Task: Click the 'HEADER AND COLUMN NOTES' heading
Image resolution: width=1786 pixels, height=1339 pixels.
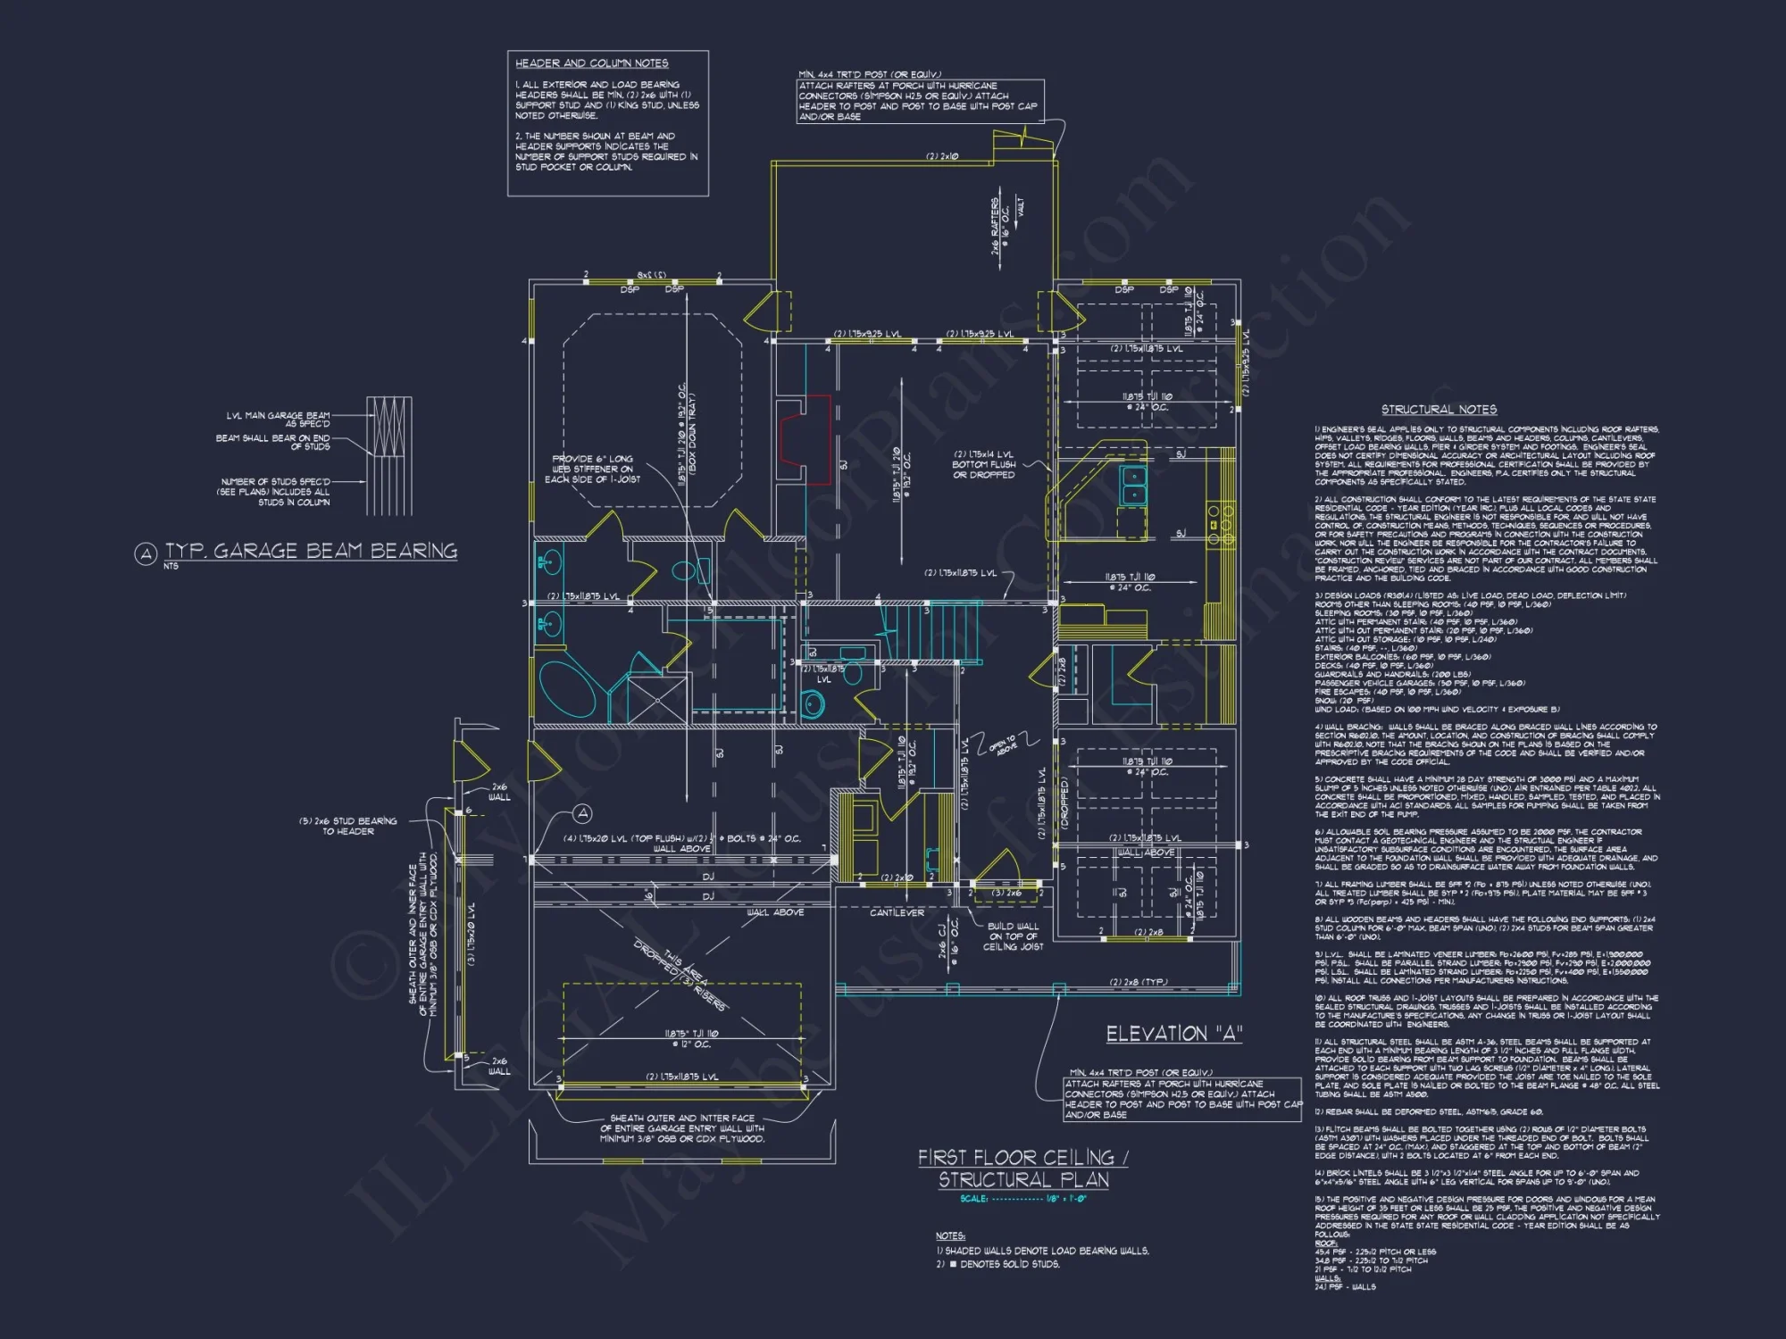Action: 591,63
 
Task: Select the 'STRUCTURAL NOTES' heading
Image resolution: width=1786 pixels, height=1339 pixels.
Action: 1439,410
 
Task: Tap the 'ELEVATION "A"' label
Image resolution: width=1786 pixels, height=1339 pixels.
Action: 1173,1034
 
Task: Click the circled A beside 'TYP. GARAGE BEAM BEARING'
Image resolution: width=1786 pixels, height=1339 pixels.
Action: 146,554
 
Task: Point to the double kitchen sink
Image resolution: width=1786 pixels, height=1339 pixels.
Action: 1134,486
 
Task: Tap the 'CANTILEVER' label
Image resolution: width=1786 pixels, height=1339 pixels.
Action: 897,912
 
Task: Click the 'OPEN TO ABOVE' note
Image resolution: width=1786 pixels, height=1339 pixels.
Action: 1003,745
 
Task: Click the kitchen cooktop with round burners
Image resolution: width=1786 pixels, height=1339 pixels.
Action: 1220,525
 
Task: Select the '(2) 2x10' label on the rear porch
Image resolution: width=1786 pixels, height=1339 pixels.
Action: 942,156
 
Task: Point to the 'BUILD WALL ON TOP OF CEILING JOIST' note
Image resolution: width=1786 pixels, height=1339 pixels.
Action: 1013,936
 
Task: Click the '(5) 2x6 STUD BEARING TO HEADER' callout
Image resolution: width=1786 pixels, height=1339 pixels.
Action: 348,826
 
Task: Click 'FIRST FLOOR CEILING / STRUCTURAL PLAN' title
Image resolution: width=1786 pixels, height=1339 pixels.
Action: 1023,1169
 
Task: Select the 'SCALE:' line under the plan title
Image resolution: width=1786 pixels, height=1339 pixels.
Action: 1022,1199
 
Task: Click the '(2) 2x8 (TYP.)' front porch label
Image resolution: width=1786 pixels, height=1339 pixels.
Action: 1138,982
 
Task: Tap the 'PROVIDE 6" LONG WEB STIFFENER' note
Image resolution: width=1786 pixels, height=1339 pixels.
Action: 593,469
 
